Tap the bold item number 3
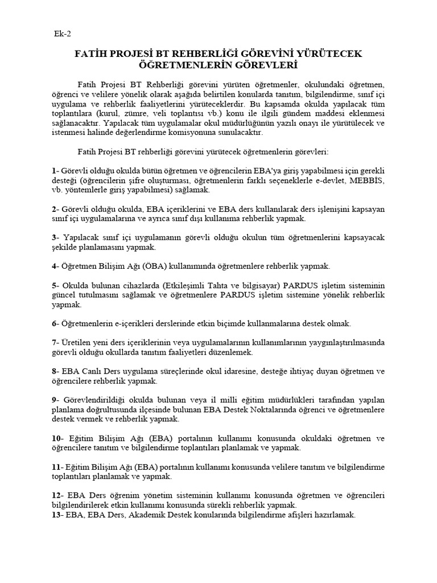[x=53, y=238]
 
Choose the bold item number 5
[x=53, y=285]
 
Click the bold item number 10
[x=56, y=438]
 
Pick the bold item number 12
[x=56, y=495]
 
